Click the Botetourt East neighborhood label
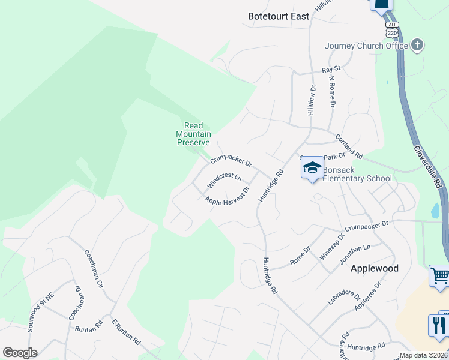coord(279,16)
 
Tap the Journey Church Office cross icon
coord(417,45)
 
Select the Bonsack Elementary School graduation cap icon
coord(312,167)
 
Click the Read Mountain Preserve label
coord(193,134)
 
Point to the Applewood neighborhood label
coord(374,268)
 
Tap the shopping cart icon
coord(440,276)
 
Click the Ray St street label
coord(331,70)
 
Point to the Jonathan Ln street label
coord(355,253)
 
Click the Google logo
coord(20,353)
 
